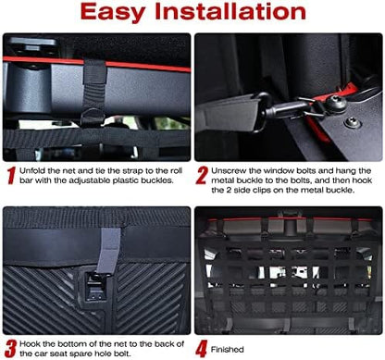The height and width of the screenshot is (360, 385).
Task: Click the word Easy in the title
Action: point(113,12)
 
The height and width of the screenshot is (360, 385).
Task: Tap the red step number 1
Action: point(11,176)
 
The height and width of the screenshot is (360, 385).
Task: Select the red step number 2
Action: point(202,176)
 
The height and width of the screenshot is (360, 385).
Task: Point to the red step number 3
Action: point(10,349)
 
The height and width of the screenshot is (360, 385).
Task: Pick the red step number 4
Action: point(202,350)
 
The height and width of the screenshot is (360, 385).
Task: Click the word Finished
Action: point(228,350)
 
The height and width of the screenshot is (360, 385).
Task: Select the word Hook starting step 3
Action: point(29,343)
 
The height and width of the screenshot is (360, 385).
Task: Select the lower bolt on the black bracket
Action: point(353,123)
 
